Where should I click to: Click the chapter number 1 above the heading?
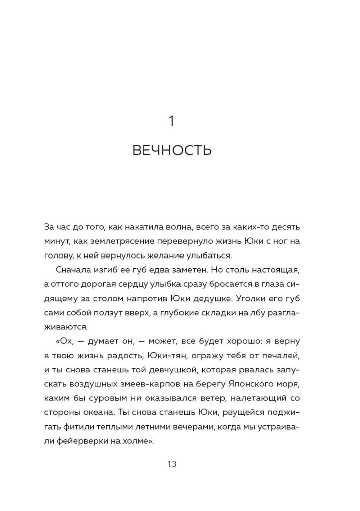172,121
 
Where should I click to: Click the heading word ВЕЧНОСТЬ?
172,150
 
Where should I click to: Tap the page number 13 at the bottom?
172,464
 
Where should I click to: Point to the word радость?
126,356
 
